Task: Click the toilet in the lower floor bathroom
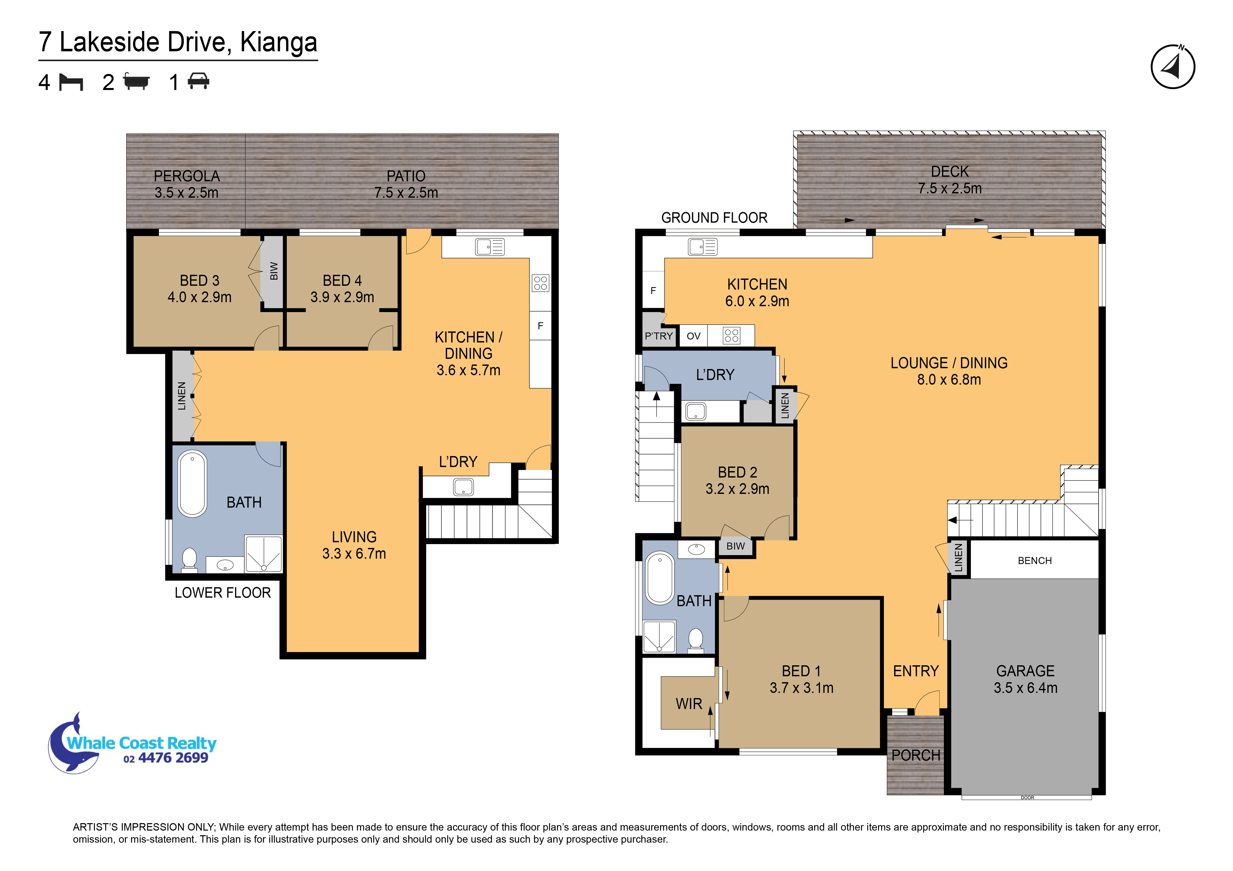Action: (189, 558)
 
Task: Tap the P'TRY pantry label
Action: (658, 336)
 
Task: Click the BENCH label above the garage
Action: (1034, 561)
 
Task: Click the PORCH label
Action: (916, 756)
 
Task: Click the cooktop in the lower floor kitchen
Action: (540, 283)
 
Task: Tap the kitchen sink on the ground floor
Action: (702, 247)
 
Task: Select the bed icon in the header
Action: (71, 82)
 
